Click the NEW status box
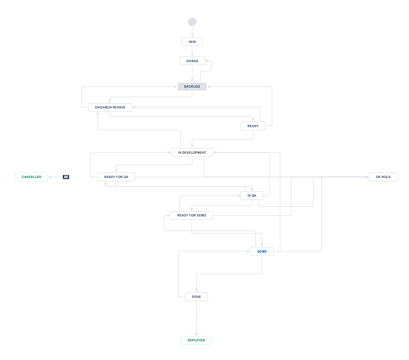(192, 42)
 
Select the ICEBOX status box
(192, 60)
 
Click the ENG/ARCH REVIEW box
(110, 107)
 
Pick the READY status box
(253, 126)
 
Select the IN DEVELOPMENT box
(192, 152)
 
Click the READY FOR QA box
(116, 177)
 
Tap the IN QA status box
(252, 196)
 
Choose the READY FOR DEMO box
(192, 215)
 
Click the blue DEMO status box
(261, 251)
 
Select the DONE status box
(196, 297)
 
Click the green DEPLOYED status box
(196, 340)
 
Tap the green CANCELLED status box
(32, 177)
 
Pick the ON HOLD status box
(383, 177)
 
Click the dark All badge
(66, 177)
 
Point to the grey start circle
(192, 22)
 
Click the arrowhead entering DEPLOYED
(196, 335)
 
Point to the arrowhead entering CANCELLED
(51, 177)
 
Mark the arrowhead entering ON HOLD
(367, 177)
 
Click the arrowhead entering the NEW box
(192, 36)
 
